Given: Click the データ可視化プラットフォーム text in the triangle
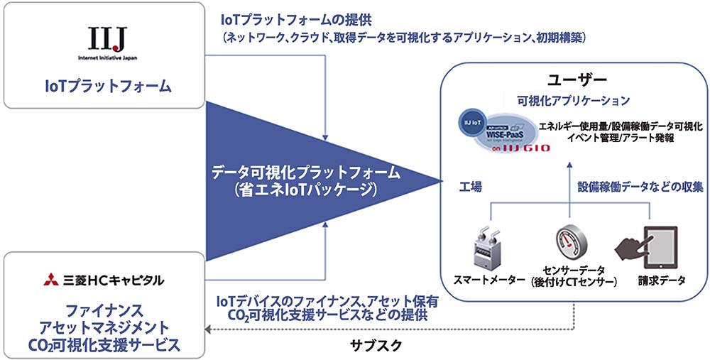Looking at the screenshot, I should point(306,173).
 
